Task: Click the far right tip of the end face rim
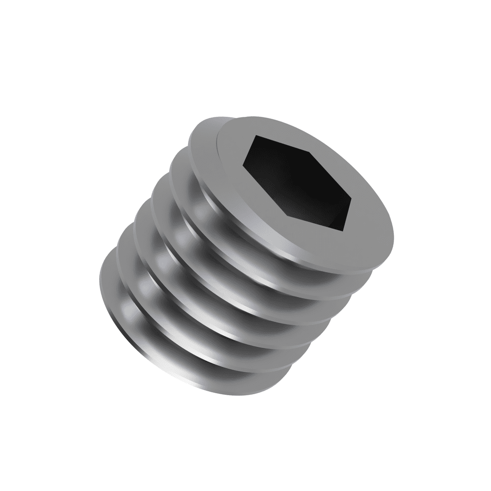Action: (x=395, y=241)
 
